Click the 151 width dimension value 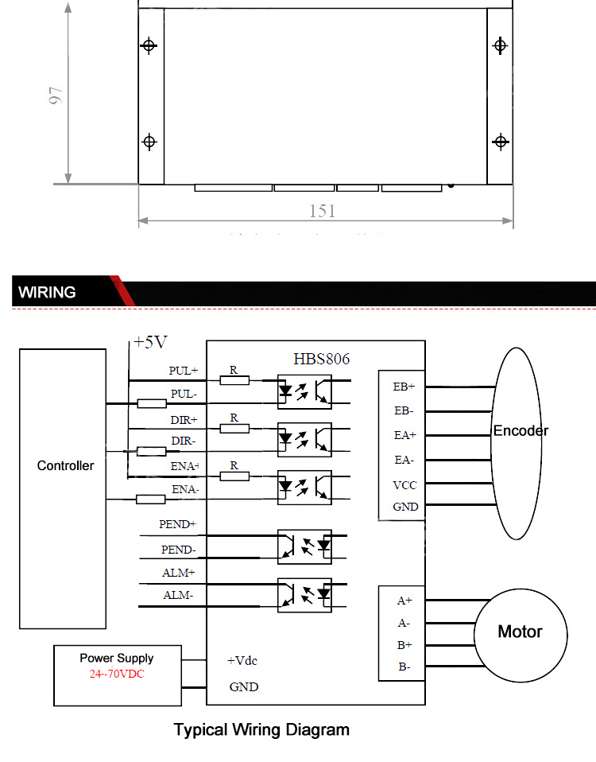click(x=323, y=211)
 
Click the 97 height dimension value click(x=56, y=95)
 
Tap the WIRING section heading click(x=47, y=292)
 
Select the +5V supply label click(x=150, y=342)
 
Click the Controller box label click(x=65, y=465)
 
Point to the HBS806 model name click(x=321, y=360)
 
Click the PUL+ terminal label click(x=184, y=371)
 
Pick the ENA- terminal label click(x=185, y=489)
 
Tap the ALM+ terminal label click(x=179, y=573)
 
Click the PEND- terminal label click(x=179, y=550)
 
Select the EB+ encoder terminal click(x=404, y=387)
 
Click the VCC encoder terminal click(x=404, y=485)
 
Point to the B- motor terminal click(x=404, y=667)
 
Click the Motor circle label click(x=520, y=632)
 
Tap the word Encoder click(x=521, y=431)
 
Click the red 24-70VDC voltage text click(x=117, y=674)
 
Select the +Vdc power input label click(x=242, y=661)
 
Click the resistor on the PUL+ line click(x=234, y=380)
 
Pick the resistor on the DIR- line click(x=152, y=452)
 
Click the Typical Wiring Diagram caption click(x=261, y=730)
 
